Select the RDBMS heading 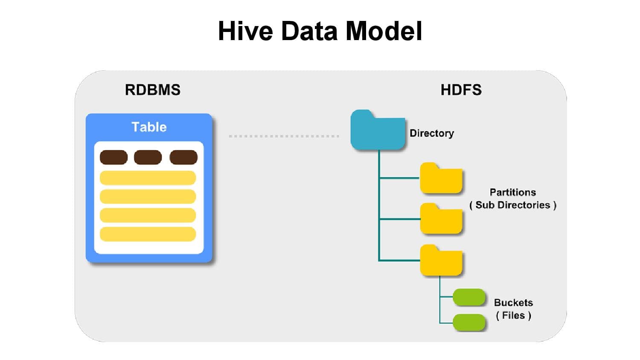[x=153, y=90]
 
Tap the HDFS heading [x=461, y=90]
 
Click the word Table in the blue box [x=149, y=127]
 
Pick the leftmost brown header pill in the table [x=113, y=157]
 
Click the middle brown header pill [x=148, y=157]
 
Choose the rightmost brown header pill [x=183, y=157]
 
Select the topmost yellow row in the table [x=148, y=178]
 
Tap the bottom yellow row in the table [x=148, y=234]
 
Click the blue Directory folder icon [x=377, y=131]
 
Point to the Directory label [x=431, y=133]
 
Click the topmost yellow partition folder [x=441, y=179]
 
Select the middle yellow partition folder [x=441, y=220]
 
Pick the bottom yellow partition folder [x=441, y=261]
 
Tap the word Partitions [x=512, y=192]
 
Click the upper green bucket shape [x=469, y=297]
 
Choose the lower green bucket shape [x=469, y=322]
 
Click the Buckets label [x=513, y=302]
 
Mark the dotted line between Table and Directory [x=284, y=136]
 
